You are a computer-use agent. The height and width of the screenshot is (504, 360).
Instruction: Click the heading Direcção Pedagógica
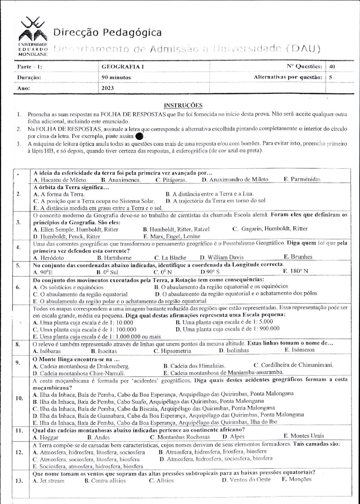coord(107,32)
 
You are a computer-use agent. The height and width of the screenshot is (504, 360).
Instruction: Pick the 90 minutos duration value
coord(116,77)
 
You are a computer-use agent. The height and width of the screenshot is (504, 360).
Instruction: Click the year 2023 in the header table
coord(108,88)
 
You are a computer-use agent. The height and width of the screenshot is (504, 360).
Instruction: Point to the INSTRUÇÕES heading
coord(183,105)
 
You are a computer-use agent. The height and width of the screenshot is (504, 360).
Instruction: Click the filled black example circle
coord(139,136)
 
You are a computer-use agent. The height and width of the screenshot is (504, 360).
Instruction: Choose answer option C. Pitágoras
coord(171,180)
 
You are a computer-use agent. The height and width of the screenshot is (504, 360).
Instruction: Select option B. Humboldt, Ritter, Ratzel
coord(176,229)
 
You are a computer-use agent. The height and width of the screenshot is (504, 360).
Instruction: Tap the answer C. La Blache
coord(170,258)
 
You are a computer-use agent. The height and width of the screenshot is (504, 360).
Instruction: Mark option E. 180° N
coord(296,271)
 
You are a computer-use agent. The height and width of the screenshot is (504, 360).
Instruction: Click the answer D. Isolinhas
coord(234,351)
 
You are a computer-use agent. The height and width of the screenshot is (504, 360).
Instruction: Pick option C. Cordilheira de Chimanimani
coord(293,365)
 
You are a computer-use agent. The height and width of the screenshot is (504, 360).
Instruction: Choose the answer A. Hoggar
coord(46,437)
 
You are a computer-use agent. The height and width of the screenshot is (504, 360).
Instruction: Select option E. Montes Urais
coord(304,436)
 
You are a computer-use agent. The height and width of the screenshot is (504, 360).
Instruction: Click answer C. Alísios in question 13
coord(161,481)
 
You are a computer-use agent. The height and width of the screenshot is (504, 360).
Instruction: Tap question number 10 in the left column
coord(19,398)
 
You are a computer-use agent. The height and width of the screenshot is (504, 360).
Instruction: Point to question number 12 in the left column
coord(19,452)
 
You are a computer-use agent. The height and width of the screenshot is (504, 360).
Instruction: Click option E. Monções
coord(297,479)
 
